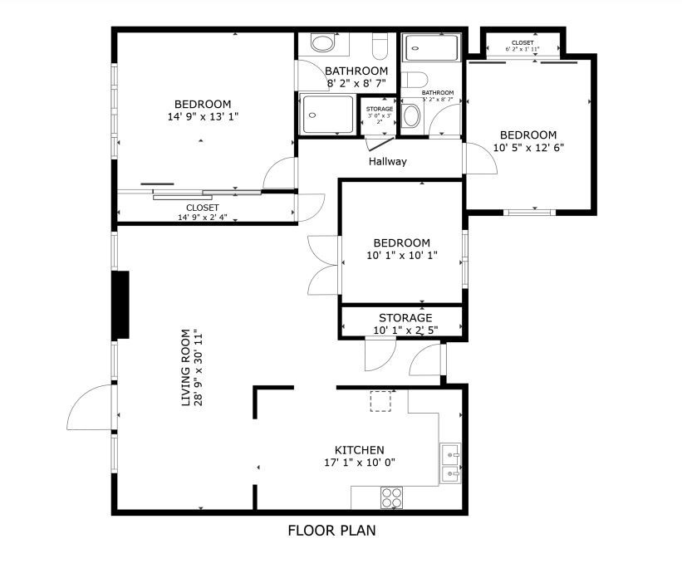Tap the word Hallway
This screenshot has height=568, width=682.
click(x=388, y=161)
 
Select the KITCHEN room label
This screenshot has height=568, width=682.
click(x=359, y=449)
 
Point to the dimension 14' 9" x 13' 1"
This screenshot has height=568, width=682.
click(x=199, y=117)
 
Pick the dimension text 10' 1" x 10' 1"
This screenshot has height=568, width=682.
click(x=401, y=256)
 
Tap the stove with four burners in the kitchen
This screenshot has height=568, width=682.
click(x=391, y=497)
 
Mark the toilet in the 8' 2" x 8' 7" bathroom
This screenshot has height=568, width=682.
click(x=380, y=45)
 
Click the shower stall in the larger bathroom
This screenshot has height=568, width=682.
click(x=327, y=114)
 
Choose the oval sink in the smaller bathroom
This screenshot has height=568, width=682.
click(x=411, y=115)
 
